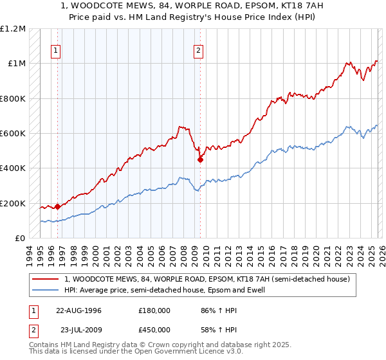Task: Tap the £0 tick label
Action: pos(19,238)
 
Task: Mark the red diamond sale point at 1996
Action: pos(58,206)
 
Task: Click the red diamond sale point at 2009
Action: pos(201,160)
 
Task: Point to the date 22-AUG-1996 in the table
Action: pos(79,310)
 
